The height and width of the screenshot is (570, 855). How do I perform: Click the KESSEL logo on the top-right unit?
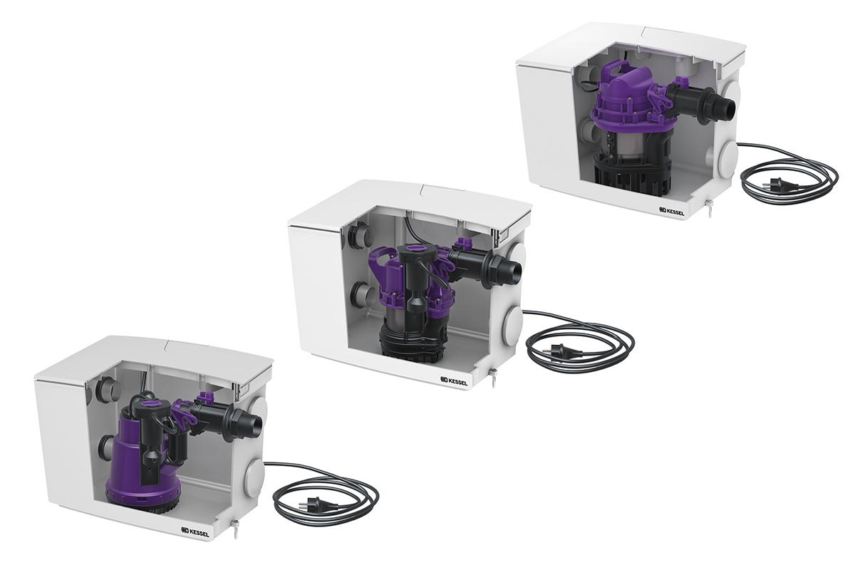tap(672, 211)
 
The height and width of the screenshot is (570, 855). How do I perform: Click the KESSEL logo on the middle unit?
tap(454, 381)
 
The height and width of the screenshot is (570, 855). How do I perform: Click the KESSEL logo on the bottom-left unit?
tap(195, 532)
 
